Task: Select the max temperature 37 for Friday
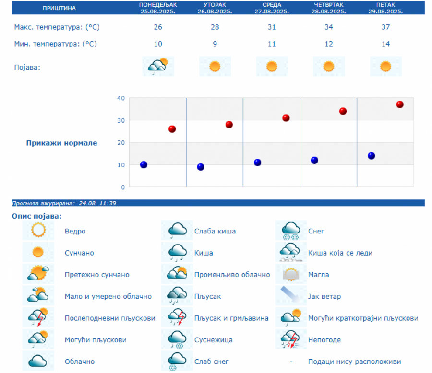click(385, 27)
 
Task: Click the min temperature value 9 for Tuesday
click(215, 44)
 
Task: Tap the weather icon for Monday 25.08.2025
click(158, 66)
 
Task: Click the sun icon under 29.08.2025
click(385, 66)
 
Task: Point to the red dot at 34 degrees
click(343, 111)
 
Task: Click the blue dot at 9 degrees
click(201, 167)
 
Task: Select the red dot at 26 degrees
click(172, 129)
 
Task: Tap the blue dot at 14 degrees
click(371, 156)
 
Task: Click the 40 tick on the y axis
click(120, 98)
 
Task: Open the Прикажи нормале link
click(61, 143)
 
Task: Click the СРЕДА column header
click(272, 5)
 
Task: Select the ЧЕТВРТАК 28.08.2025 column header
click(329, 8)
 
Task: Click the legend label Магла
click(318, 275)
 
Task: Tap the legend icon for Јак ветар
click(291, 296)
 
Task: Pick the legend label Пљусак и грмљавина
click(231, 318)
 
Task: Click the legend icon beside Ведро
click(38, 231)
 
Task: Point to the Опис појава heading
click(36, 216)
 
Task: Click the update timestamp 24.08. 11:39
click(100, 203)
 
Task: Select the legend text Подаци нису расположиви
click(354, 362)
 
